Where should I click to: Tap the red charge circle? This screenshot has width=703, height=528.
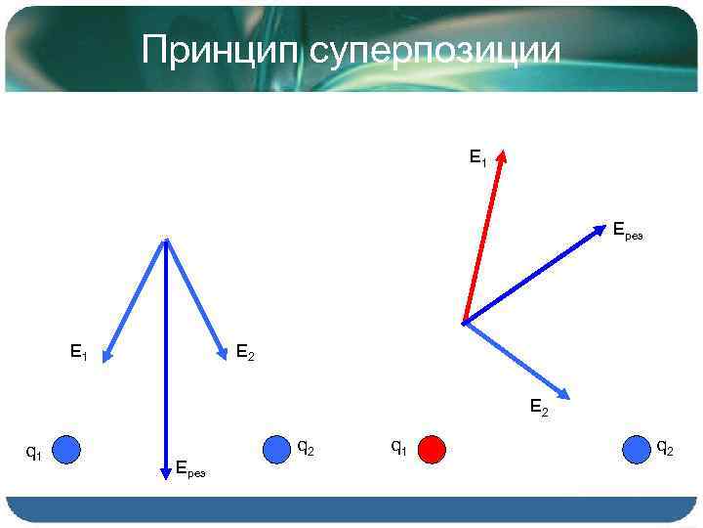[432, 449]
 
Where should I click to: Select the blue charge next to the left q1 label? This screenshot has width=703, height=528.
[65, 449]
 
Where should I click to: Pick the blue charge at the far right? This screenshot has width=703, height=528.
[637, 449]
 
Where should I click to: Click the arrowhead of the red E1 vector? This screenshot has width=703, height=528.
[503, 154]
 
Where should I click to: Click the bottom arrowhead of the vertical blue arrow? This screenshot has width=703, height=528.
[166, 474]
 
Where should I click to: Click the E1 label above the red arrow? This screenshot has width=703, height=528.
[477, 156]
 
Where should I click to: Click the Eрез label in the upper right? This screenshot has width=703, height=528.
[627, 231]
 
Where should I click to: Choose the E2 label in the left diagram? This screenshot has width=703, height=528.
[245, 352]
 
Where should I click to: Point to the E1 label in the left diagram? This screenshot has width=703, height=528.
[78, 351]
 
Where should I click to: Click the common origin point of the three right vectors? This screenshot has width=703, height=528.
[465, 321]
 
